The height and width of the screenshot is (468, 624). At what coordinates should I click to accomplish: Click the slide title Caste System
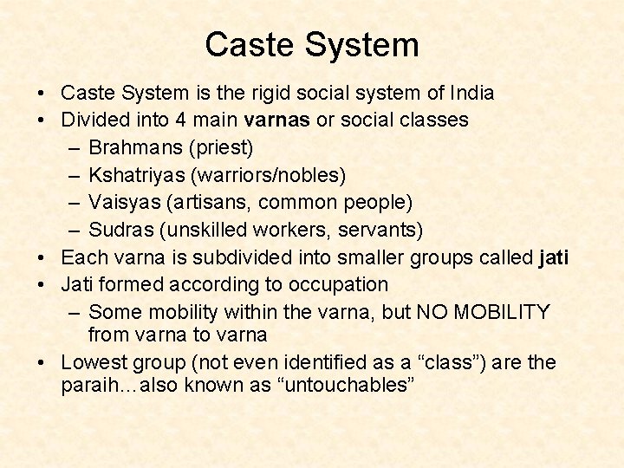(312, 45)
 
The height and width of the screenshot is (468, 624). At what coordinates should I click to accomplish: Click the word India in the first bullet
(469, 93)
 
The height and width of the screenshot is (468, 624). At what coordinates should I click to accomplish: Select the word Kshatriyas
(140, 175)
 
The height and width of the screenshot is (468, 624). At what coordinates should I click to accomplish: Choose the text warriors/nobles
(271, 175)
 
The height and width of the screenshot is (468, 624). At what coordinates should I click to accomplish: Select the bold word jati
(554, 257)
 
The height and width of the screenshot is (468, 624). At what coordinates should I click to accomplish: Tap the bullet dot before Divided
(42, 120)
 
